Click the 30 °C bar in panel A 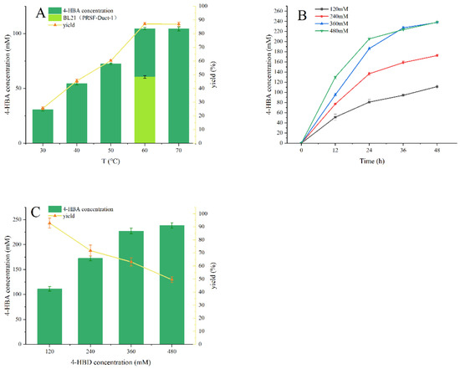click(x=43, y=126)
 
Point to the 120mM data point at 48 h click(x=436, y=87)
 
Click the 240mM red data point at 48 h click(x=436, y=56)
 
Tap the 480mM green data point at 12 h click(x=335, y=77)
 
